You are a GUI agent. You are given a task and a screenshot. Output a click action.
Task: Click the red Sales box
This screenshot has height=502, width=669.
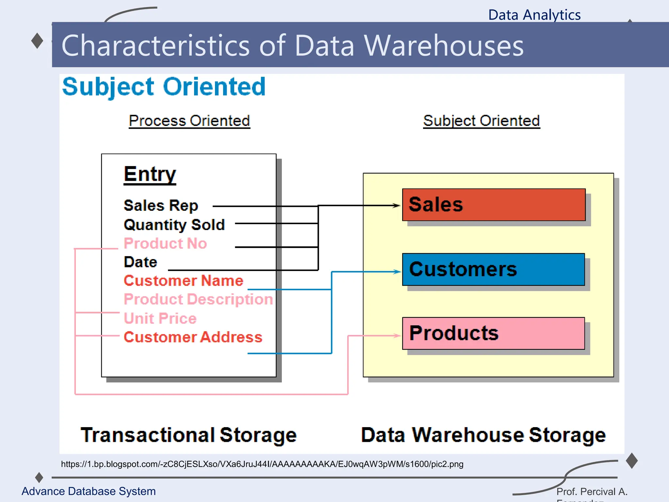coord(493,205)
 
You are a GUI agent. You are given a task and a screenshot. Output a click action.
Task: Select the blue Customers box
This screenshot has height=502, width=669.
coord(493,269)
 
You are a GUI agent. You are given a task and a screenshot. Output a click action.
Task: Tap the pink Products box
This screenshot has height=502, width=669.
coord(493,333)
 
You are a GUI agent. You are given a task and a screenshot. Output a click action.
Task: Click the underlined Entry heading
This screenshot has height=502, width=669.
coord(150,174)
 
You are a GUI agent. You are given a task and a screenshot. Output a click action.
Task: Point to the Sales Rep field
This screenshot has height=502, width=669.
coord(161,206)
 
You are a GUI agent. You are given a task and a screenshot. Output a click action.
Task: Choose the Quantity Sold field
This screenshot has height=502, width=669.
coord(174,225)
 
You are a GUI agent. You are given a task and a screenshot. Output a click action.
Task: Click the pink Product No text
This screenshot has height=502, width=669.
coord(165,243)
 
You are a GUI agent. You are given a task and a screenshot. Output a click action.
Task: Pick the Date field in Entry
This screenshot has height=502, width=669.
coord(140,262)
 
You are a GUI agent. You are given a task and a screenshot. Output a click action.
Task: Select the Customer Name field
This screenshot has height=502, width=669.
coord(183,281)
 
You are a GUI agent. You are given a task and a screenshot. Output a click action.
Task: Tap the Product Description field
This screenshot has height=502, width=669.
coord(198,299)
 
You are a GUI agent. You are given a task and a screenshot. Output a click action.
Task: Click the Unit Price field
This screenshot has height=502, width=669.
coord(160,318)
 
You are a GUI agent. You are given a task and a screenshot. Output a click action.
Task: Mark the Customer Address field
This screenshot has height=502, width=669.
coord(193,337)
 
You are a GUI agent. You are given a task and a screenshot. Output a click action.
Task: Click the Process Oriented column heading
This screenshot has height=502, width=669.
coord(189,121)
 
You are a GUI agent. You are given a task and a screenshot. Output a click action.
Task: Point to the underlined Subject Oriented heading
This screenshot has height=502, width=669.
coord(481,121)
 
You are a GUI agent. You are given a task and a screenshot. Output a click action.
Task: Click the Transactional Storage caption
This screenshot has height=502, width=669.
coord(188,435)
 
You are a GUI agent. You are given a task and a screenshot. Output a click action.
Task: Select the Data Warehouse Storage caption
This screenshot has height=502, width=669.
coord(483,435)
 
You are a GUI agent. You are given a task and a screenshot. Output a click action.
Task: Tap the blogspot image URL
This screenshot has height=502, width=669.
coord(262,464)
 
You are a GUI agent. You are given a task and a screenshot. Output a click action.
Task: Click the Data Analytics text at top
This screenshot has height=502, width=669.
coord(534,15)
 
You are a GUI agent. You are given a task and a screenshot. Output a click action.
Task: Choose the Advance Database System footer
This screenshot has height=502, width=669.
coord(89,491)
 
